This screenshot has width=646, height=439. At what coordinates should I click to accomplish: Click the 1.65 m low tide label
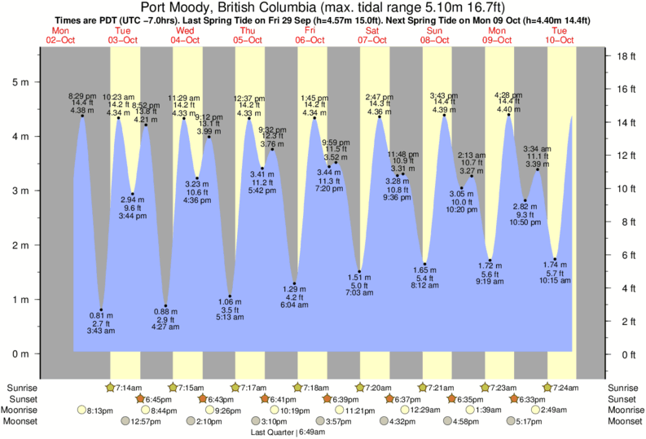click(x=424, y=270)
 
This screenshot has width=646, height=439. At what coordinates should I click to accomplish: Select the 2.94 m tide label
click(x=132, y=200)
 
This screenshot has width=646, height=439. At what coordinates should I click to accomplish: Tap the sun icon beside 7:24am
click(x=548, y=388)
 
